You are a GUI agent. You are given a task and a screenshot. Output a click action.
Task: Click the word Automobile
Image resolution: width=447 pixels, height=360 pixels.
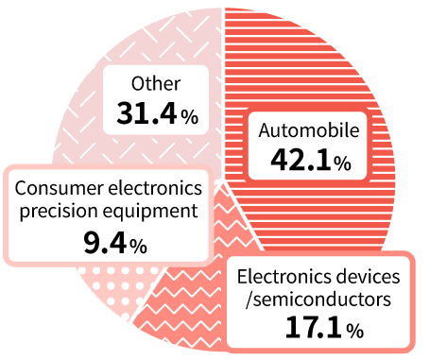(x=302, y=131)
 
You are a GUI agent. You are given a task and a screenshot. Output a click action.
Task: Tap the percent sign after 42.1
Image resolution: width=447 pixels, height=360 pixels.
(x=342, y=164)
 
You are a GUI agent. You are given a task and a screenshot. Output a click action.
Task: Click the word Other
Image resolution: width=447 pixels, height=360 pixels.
(x=157, y=84)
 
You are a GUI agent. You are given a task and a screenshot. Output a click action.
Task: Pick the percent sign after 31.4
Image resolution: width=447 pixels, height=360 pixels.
(x=190, y=117)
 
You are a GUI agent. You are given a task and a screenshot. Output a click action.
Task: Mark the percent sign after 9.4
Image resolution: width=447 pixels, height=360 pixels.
(x=138, y=247)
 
